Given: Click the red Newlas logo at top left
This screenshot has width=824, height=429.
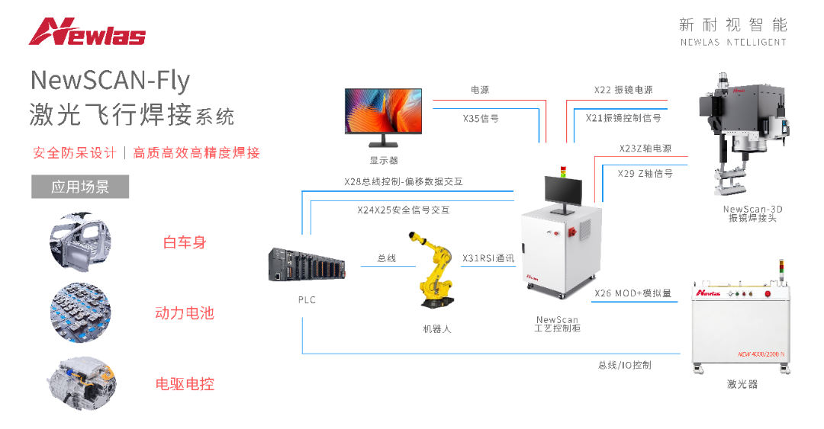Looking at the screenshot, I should pyautogui.click(x=86, y=32).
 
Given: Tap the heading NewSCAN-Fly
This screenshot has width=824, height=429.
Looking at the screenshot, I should pyautogui.click(x=110, y=80).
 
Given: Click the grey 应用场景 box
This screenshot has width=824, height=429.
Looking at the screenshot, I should pyautogui.click(x=80, y=187).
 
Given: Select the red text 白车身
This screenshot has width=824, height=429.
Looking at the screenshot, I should pyautogui.click(x=185, y=242).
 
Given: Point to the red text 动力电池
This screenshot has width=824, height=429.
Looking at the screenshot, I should pyautogui.click(x=185, y=312).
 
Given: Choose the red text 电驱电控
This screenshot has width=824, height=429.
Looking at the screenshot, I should pyautogui.click(x=185, y=383).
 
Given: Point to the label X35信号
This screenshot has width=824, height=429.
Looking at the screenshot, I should pyautogui.click(x=481, y=119).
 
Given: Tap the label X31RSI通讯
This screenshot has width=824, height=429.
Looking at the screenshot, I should pyautogui.click(x=488, y=258).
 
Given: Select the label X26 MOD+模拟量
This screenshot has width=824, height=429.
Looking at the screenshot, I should pyautogui.click(x=633, y=293).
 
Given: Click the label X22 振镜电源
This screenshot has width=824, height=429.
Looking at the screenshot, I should pyautogui.click(x=623, y=90).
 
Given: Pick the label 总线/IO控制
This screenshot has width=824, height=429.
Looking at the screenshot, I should pyautogui.click(x=625, y=365).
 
